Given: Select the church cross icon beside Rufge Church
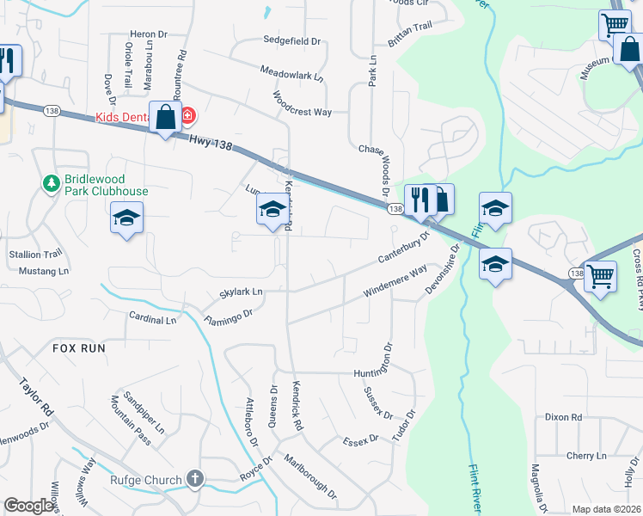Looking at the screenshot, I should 195,479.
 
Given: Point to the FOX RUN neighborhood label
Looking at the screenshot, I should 78,348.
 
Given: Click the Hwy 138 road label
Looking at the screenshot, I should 211,144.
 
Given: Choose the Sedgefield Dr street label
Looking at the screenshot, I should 291,40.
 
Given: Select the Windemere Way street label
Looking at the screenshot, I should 395,282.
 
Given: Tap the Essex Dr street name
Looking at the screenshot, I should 360,440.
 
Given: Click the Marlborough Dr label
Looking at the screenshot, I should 311,477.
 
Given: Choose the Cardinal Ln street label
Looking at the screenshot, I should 151,320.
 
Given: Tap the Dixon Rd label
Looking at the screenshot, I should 563,417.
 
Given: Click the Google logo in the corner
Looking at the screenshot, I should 28,506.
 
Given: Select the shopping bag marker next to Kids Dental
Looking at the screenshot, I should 164,117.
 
